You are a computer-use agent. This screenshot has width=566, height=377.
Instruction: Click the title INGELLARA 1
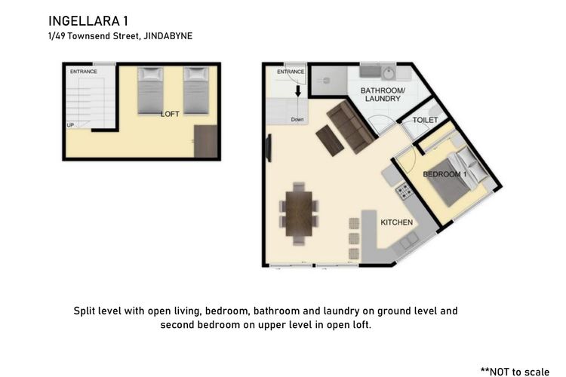tap(88, 21)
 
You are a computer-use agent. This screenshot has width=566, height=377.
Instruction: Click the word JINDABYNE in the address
tap(168, 36)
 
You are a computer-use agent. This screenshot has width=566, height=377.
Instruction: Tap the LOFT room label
tap(170, 114)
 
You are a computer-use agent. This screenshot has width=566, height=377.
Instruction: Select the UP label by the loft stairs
tap(70, 125)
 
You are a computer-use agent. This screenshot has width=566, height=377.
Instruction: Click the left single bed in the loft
tap(150, 90)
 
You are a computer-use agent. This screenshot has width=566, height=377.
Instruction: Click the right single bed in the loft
tap(197, 90)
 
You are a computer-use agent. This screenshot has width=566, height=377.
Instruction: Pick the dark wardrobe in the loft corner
tap(206, 142)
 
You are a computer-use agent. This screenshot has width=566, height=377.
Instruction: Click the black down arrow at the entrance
tap(298, 91)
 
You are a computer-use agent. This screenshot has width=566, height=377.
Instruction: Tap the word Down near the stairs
tap(297, 119)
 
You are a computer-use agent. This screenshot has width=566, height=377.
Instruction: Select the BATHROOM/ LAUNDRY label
tap(383, 94)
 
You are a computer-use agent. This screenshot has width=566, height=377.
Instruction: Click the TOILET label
tap(425, 120)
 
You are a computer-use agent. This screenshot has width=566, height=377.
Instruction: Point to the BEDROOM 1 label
tap(444, 174)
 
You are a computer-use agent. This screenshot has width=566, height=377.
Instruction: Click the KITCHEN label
tap(397, 222)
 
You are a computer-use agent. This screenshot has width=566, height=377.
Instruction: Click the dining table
tap(299, 213)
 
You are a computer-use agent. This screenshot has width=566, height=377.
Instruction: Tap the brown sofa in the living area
tap(350, 127)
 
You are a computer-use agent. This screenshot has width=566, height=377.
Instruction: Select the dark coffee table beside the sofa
tap(330, 141)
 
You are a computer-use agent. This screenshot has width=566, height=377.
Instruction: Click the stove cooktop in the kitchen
tap(405, 192)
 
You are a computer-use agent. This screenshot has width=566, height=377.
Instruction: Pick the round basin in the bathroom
tap(389, 74)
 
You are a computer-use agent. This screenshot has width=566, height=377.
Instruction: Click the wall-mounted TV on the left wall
tap(269, 148)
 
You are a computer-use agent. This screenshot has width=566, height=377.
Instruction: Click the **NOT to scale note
tap(515, 372)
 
